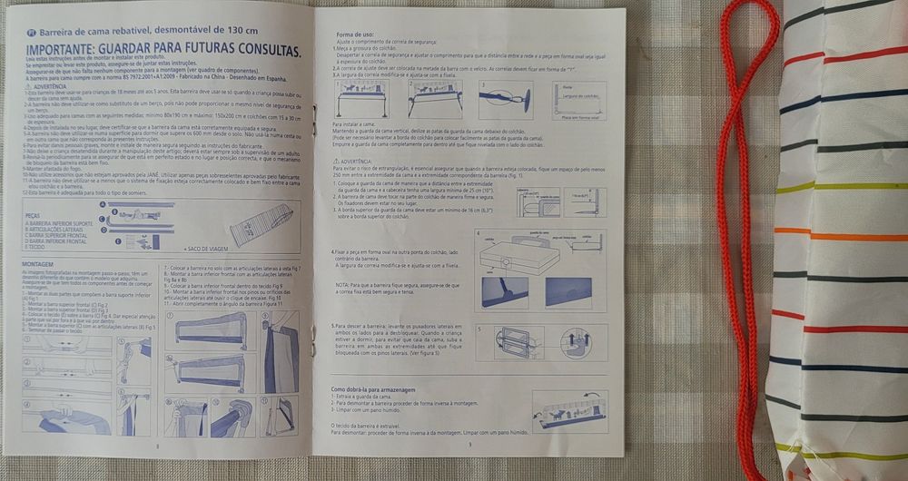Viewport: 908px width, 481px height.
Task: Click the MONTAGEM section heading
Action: (35, 263)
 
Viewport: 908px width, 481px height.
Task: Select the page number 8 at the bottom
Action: (157, 446)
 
